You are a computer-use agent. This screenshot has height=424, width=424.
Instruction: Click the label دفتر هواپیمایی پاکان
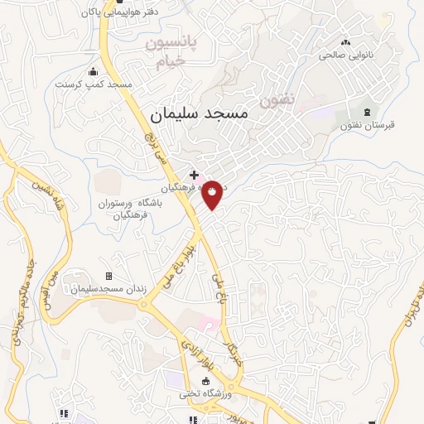pyautogui.click(x=115, y=13)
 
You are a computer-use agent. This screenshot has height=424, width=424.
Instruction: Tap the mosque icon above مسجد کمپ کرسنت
pyautogui.click(x=92, y=70)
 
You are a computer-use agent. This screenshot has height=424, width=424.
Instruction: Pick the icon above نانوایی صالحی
pyautogui.click(x=345, y=42)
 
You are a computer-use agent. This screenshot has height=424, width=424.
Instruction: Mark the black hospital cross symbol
pyautogui.click(x=194, y=176)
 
